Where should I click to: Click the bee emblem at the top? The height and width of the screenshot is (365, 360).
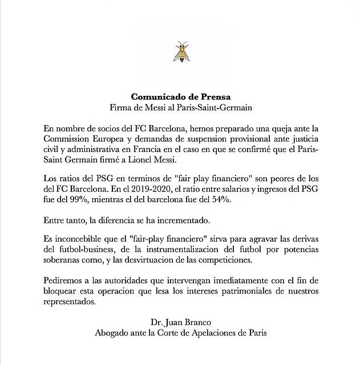click(x=181, y=52)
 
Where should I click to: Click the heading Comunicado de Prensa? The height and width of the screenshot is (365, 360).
click(x=180, y=96)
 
